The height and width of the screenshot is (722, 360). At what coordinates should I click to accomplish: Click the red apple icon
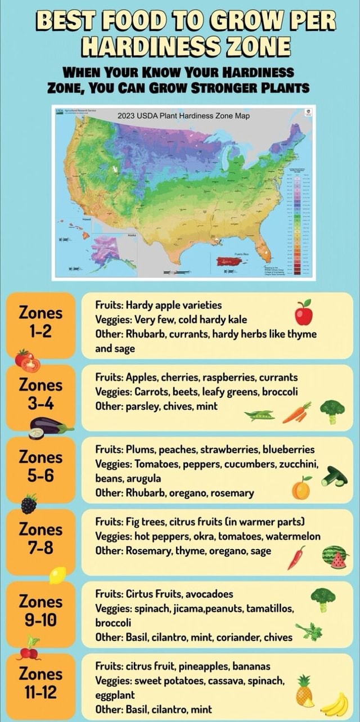click(304, 313)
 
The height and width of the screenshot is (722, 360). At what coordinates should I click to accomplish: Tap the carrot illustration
click(296, 413)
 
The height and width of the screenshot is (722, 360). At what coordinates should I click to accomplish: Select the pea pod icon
click(260, 415)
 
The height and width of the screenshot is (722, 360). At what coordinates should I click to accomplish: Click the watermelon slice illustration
click(335, 557)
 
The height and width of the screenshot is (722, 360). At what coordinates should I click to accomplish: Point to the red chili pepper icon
click(296, 558)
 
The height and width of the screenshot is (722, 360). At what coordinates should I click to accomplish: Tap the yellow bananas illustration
click(335, 705)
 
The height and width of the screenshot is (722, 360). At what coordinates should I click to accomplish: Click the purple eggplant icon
click(47, 428)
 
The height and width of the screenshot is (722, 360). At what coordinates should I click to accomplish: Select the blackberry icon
click(29, 503)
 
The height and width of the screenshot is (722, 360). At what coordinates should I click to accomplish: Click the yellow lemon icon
click(57, 575)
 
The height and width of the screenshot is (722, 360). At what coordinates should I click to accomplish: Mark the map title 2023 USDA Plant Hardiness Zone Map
click(183, 116)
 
